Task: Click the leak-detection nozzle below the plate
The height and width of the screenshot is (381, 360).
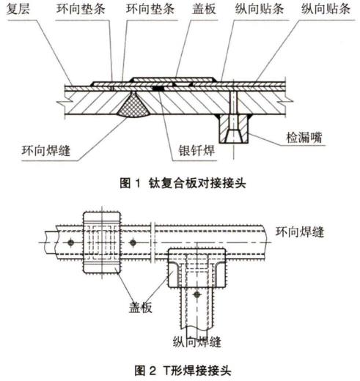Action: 232,128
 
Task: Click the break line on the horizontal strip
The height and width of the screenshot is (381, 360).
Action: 153,242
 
